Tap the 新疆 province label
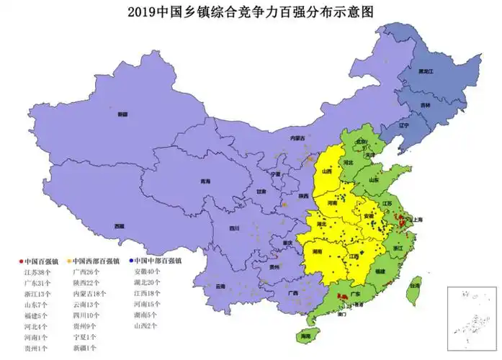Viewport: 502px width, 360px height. pyautogui.click(x=122, y=114)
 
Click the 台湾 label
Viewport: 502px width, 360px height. pyautogui.click(x=413, y=286)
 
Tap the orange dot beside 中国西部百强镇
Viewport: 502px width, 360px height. pyautogui.click(x=69, y=261)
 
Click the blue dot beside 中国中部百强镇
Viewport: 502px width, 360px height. pyautogui.click(x=131, y=261)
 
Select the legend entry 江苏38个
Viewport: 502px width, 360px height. pyautogui.click(x=37, y=272)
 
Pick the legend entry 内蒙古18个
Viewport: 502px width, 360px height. pyautogui.click(x=90, y=294)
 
